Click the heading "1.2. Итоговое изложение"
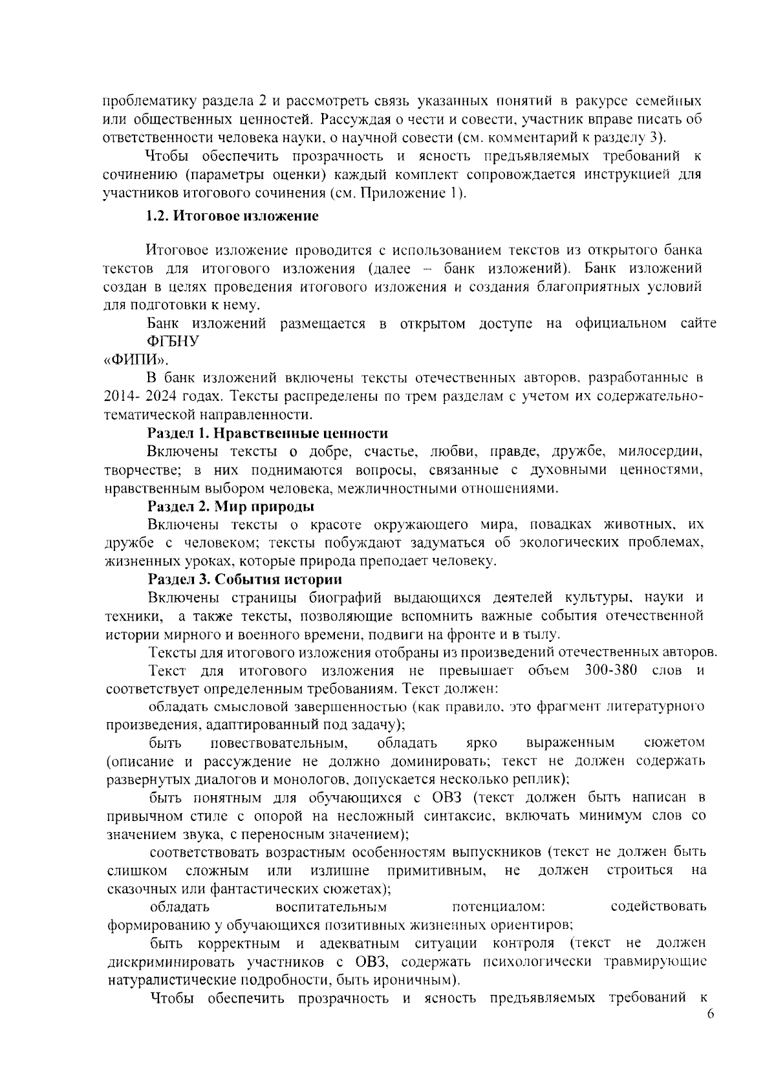click(233, 217)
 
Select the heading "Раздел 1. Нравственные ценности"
click(268, 433)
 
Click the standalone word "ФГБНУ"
click(173, 342)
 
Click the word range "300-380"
click(611, 670)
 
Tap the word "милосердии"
click(660, 451)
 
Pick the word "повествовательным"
click(281, 742)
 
